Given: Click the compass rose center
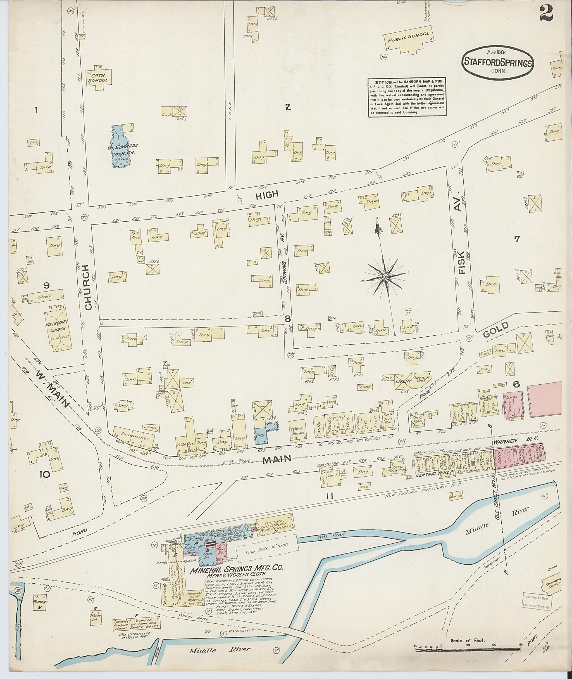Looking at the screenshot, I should [x=385, y=276].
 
